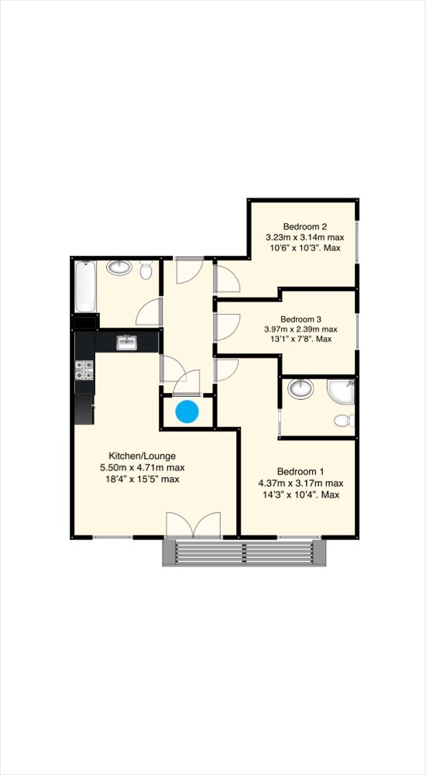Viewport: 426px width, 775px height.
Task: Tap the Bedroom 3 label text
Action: click(x=301, y=319)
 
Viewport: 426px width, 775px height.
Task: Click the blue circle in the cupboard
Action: click(x=187, y=412)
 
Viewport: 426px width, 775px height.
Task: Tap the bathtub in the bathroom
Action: click(x=85, y=286)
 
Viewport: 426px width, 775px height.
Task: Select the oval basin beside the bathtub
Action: click(x=119, y=268)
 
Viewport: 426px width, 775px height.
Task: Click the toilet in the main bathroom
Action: click(x=146, y=270)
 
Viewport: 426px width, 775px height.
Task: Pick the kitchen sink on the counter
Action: click(x=126, y=341)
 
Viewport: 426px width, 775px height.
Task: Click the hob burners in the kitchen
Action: click(x=84, y=370)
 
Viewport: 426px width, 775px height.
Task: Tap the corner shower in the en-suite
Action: click(x=342, y=392)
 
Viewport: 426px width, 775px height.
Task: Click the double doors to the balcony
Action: click(x=194, y=525)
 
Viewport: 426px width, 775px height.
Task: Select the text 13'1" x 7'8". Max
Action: click(x=300, y=339)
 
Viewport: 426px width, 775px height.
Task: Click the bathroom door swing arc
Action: click(x=147, y=312)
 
